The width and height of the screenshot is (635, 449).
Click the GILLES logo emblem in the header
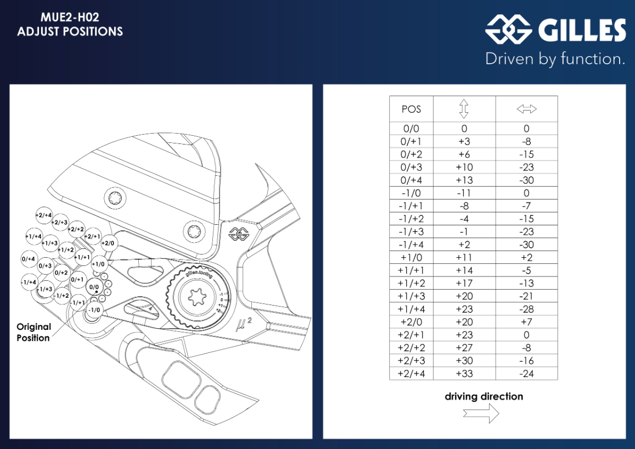point(508,29)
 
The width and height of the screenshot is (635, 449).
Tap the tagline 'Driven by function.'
point(555,59)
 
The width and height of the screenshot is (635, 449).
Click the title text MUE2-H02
point(70,18)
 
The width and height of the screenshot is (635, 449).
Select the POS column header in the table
point(411,109)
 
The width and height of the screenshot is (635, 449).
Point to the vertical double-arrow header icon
point(464,109)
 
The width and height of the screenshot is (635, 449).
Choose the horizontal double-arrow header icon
point(526,109)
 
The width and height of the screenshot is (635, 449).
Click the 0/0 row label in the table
point(411,129)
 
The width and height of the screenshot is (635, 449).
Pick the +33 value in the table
point(464,374)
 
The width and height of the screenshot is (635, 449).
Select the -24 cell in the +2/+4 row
point(526,374)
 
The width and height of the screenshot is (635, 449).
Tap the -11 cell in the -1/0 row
point(464,193)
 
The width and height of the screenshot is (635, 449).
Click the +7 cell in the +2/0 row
point(526,322)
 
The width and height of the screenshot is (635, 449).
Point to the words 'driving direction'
point(484,396)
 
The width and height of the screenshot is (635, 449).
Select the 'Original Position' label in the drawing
point(33,332)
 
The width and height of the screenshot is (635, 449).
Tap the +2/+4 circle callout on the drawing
point(44,215)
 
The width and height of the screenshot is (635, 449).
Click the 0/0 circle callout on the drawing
point(94,287)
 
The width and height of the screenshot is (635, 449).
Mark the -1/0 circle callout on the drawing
point(94,310)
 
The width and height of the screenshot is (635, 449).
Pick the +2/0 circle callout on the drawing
point(108,243)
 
